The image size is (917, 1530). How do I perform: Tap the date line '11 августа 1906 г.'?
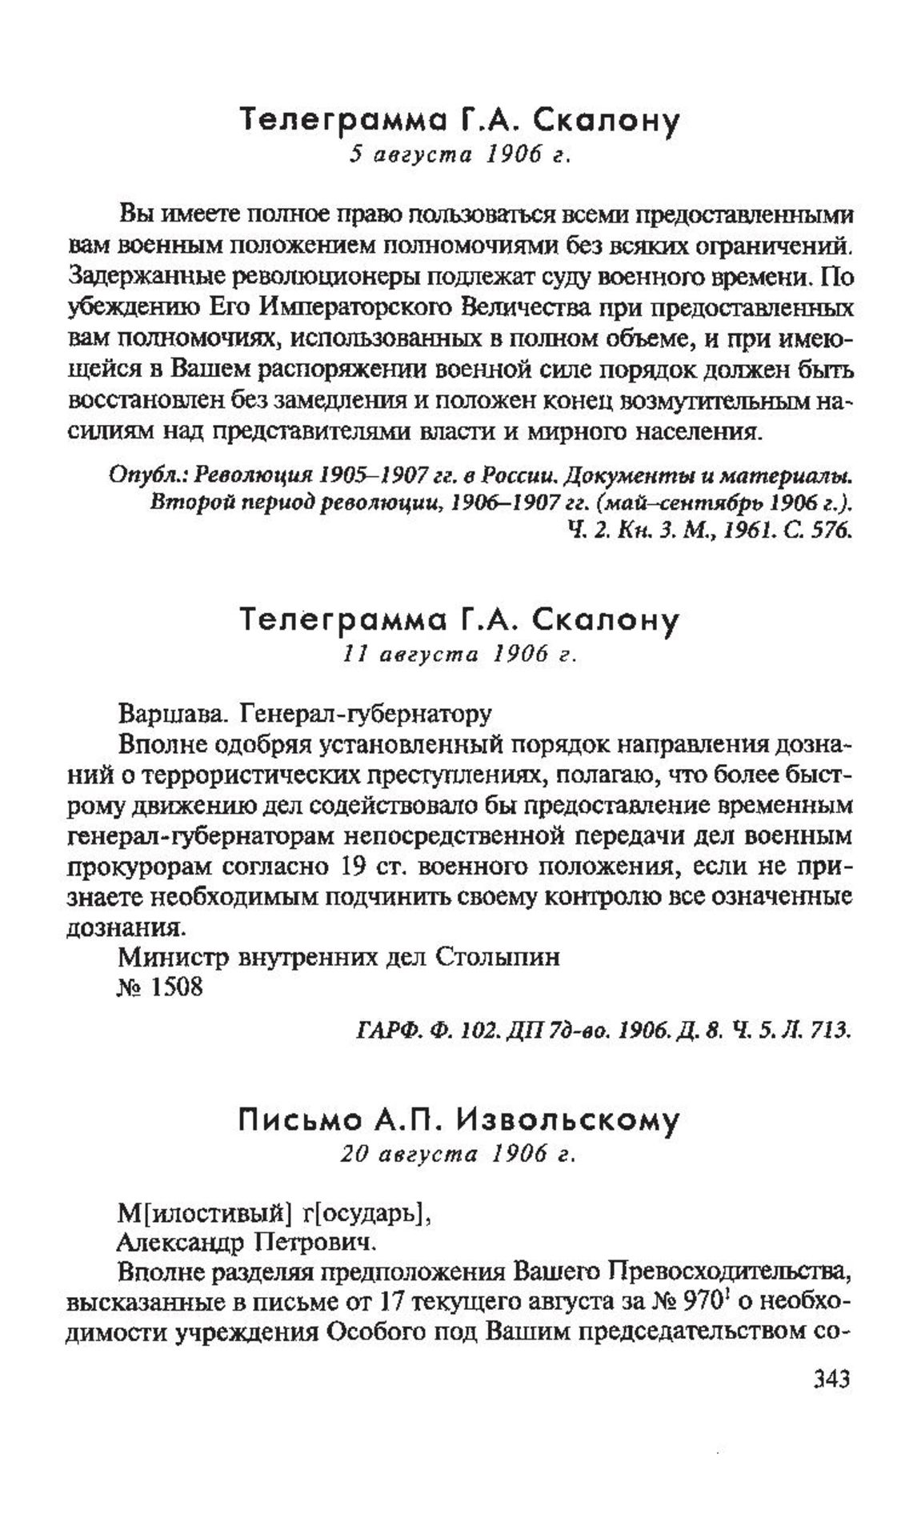click(x=458, y=655)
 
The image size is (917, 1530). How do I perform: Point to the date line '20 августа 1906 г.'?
click(x=458, y=1153)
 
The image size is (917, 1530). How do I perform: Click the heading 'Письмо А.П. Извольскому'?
click(x=458, y=1120)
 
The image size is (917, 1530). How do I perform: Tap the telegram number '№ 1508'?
click(x=160, y=987)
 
